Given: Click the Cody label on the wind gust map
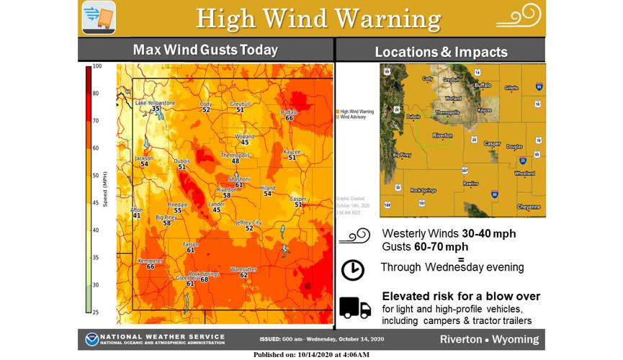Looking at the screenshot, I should click(206, 104).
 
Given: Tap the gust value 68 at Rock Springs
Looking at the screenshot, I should click(204, 279).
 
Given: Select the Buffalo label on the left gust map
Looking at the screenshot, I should click(288, 112).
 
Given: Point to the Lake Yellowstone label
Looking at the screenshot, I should click(156, 103).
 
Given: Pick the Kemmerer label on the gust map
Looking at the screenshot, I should click(151, 260).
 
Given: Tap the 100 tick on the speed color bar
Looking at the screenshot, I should click(97, 66).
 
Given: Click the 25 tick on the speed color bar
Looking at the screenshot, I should click(97, 312).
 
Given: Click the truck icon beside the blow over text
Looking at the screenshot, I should click(354, 307).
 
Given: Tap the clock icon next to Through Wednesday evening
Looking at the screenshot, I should click(352, 270).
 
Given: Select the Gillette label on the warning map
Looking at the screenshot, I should click(511, 88).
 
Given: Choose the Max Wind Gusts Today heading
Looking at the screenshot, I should click(205, 50).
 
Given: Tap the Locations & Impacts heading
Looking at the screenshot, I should click(441, 52).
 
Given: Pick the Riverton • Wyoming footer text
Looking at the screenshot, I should click(490, 339).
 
